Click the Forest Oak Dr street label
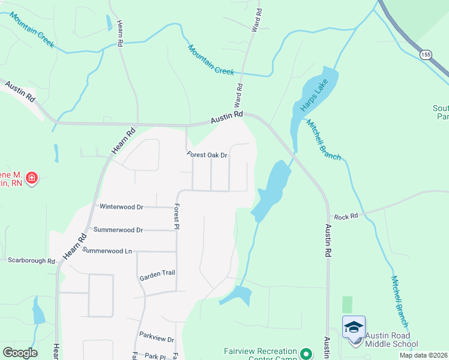point(208,155)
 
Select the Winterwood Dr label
point(122,207)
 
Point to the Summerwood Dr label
point(118,230)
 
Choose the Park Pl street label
point(154,356)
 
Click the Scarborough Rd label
point(31,261)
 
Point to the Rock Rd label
point(346,217)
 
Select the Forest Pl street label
point(176,217)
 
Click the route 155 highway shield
point(426,55)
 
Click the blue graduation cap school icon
point(354,326)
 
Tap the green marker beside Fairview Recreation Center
point(306,354)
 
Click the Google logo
point(20,353)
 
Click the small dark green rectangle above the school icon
point(347,304)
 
